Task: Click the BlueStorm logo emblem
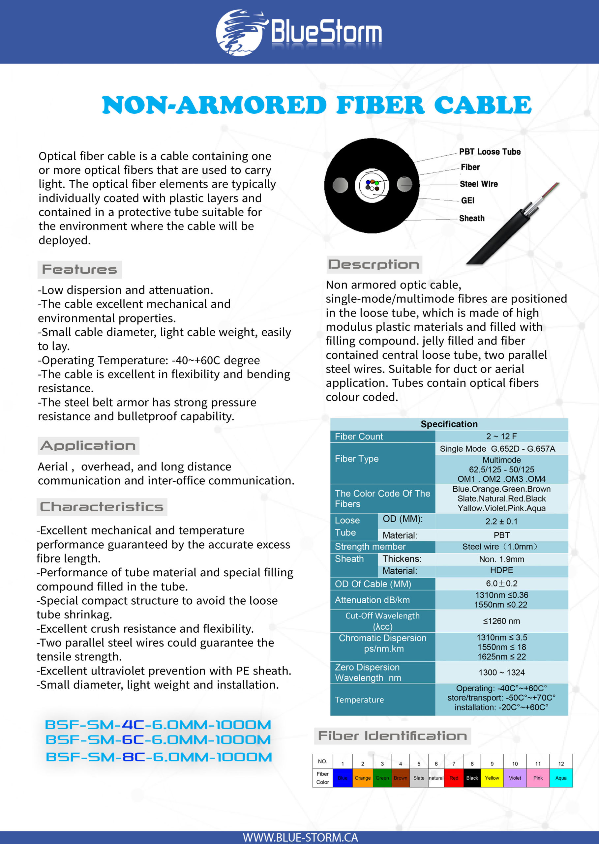(x=240, y=32)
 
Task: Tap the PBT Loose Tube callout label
(x=490, y=152)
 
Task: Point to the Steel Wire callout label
(x=478, y=184)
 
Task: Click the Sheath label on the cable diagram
(x=471, y=218)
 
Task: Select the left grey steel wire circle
(x=340, y=185)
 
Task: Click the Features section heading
(x=79, y=269)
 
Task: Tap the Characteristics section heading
(x=102, y=506)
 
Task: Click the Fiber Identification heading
(x=392, y=736)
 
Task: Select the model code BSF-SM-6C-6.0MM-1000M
(x=158, y=739)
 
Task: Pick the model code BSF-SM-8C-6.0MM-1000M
(x=159, y=757)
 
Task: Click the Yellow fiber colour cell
(x=492, y=778)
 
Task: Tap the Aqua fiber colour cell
(x=561, y=778)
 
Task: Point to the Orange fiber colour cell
(x=363, y=778)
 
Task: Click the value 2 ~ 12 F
(x=501, y=436)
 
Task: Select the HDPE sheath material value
(x=501, y=570)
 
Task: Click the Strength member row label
(x=370, y=546)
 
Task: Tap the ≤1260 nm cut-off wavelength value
(x=501, y=621)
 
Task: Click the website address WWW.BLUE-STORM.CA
(x=300, y=837)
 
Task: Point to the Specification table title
(x=449, y=424)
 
